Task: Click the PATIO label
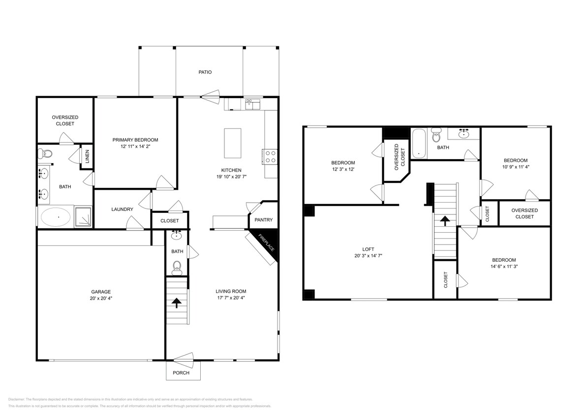point(205,72)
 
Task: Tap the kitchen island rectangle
point(233,142)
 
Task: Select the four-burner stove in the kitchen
point(270,156)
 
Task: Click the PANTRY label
point(263,220)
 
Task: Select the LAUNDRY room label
point(122,209)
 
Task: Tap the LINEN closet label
point(88,157)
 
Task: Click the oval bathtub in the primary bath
point(56,217)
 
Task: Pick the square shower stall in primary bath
point(83,217)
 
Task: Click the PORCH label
point(181,373)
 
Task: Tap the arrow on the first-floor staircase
point(177,302)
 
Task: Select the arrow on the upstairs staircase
point(445,220)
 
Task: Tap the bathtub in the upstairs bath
point(419,144)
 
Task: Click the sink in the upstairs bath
point(463,133)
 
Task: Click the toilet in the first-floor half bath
point(177,268)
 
